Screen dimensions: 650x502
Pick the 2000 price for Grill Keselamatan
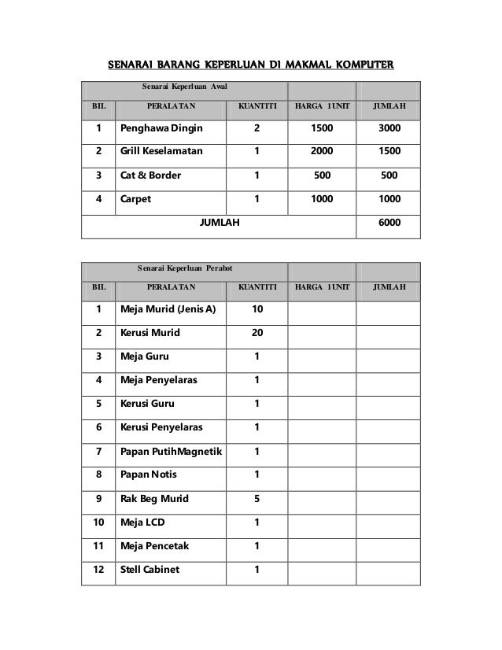tap(322, 151)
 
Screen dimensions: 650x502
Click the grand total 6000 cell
tap(388, 223)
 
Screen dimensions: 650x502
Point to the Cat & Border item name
tap(149, 175)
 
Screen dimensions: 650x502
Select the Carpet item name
tap(136, 199)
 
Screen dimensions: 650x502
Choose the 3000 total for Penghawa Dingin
tap(388, 127)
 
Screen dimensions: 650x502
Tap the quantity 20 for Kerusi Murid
tap(257, 332)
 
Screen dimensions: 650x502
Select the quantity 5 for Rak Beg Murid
tap(257, 498)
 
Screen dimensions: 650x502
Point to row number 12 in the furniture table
tap(98, 570)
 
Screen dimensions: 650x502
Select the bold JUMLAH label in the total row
tap(220, 223)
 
